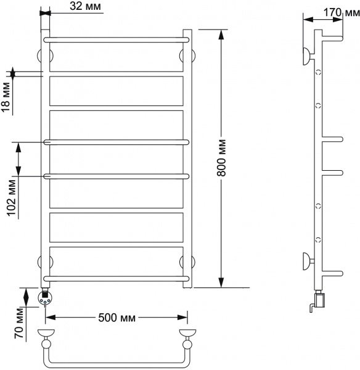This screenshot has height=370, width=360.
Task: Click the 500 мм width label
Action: tap(117, 318)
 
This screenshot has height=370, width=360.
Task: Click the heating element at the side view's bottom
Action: tap(319, 300)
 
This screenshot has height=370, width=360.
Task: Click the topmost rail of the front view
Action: tap(116, 38)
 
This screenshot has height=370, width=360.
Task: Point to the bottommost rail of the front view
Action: tap(116, 278)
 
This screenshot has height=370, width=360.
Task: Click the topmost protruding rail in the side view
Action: tap(330, 38)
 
